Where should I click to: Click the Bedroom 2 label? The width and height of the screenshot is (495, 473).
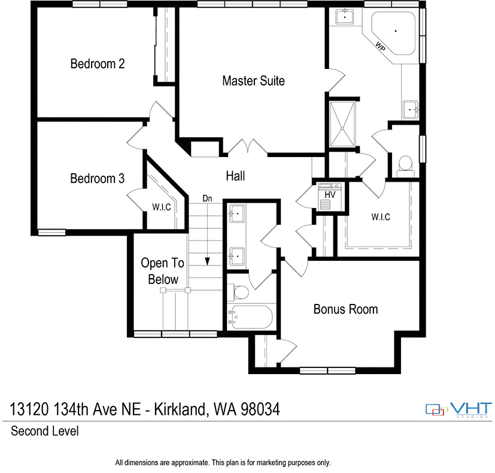pos(97,64)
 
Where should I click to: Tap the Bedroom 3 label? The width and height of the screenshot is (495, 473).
pos(97,179)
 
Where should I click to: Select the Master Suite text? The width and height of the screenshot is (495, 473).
pos(254,81)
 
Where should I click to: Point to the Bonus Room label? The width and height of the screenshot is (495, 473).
pos(346,309)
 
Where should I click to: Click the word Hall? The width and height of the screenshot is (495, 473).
pos(235,176)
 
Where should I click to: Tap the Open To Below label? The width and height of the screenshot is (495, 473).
pos(163,272)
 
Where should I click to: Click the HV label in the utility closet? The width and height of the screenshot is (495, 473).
pos(330,195)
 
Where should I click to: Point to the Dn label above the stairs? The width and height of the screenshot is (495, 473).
pos(208,198)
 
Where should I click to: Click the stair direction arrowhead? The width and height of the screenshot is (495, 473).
pos(208,261)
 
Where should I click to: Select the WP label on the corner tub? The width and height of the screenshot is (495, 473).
pos(381,46)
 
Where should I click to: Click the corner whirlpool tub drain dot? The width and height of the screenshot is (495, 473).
pos(396,31)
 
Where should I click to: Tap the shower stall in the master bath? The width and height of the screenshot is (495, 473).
pos(342,124)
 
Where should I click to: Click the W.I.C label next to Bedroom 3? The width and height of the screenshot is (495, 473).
pos(162,207)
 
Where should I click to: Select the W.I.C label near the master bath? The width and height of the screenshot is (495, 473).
pos(381,217)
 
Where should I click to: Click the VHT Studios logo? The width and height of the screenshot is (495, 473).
pos(458,410)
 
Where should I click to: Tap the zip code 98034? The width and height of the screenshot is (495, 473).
pos(260,409)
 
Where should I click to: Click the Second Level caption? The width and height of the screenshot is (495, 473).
pos(45,431)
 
